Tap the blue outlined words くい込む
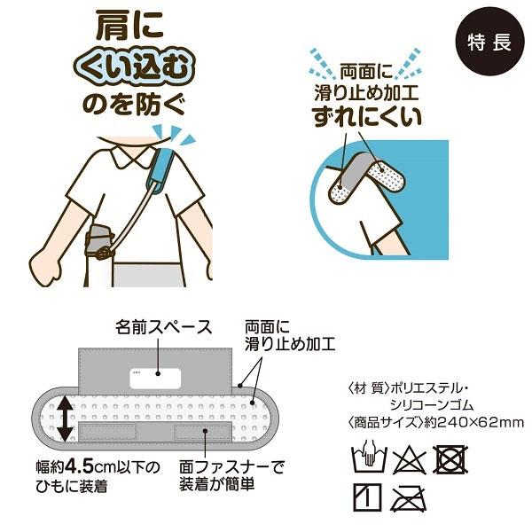pos(138,67)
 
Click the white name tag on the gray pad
pos(155,375)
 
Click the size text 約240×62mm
pos(479,420)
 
